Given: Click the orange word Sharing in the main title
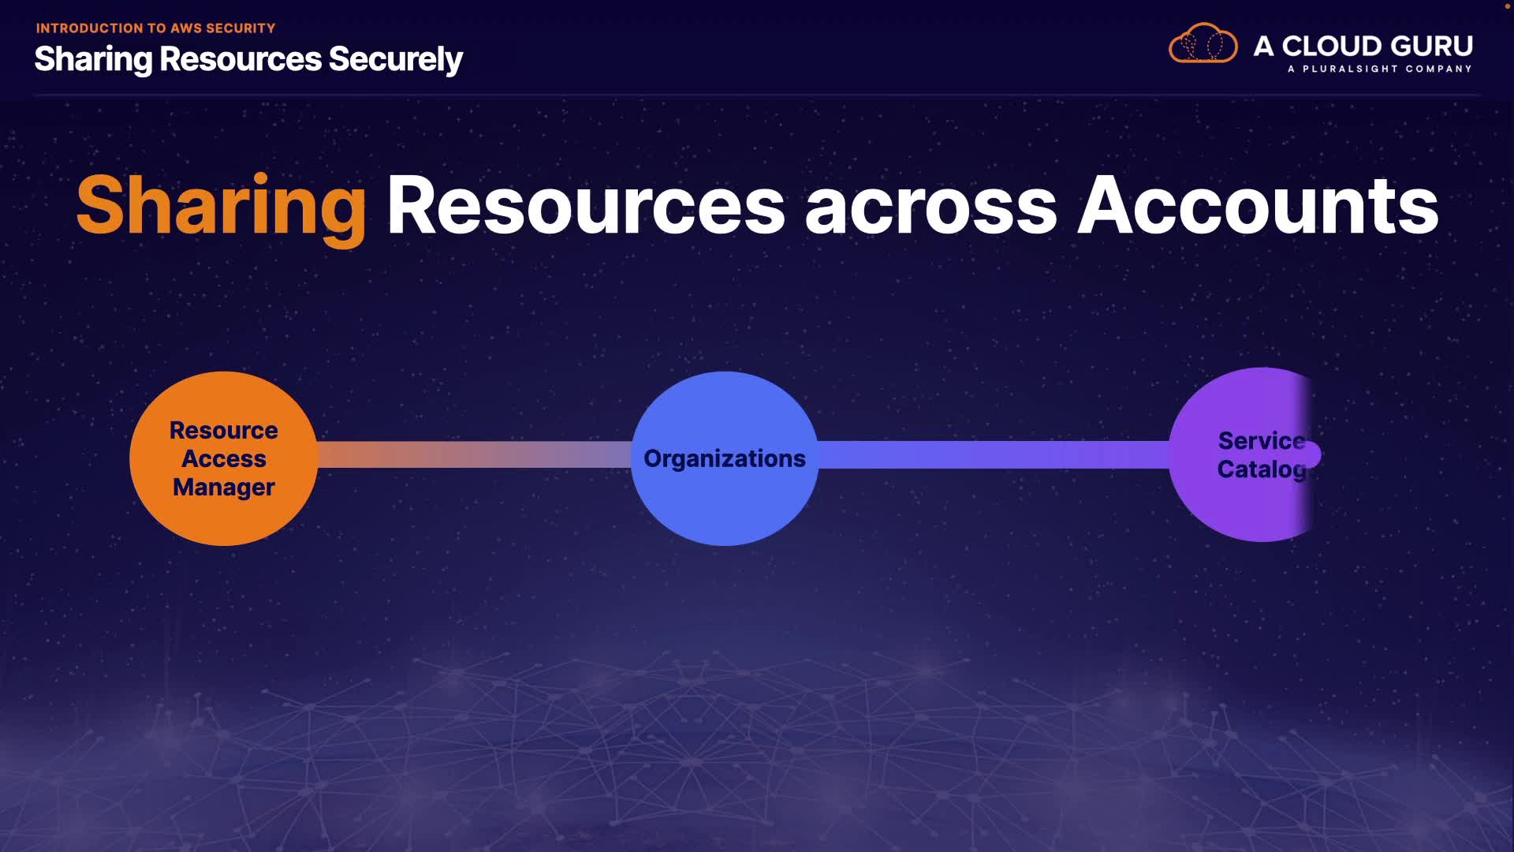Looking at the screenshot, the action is (221, 207).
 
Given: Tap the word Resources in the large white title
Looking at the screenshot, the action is (585, 207).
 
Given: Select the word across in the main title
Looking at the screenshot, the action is (930, 207).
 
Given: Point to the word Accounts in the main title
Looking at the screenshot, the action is (1258, 207).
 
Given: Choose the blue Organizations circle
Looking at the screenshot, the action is (724, 505).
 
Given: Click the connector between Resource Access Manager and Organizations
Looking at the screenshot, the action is (473, 454).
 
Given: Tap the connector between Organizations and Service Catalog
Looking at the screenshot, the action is (994, 454).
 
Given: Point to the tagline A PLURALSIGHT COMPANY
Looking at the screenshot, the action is (1379, 69).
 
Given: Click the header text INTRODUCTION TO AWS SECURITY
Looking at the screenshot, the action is (155, 28).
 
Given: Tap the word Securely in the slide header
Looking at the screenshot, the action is (395, 60).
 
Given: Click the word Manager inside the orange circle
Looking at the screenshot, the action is (223, 488).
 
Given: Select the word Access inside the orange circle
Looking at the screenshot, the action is (223, 459).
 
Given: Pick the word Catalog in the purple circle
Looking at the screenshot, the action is (1261, 469).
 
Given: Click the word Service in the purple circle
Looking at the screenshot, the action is (1261, 440).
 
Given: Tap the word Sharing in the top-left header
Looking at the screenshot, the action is (93, 60).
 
